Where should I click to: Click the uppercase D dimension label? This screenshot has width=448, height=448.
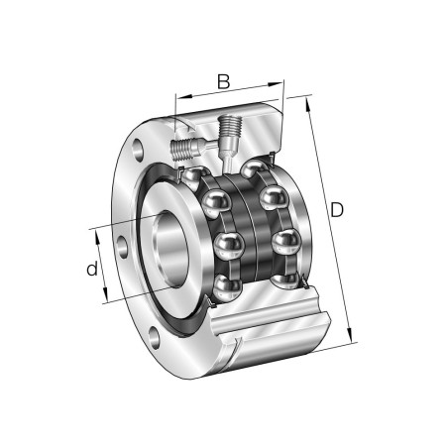click(x=337, y=210)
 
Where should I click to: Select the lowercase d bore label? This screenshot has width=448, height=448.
click(x=92, y=269)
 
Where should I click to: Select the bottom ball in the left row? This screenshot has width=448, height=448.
click(x=226, y=287)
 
